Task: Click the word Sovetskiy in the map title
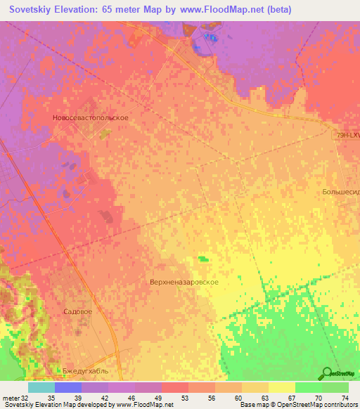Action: click(32, 9)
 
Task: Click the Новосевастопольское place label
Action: click(90, 118)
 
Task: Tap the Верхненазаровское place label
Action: click(184, 282)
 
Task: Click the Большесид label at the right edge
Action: click(340, 191)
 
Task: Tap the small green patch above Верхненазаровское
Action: click(203, 259)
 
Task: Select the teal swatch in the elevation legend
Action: click(41, 387)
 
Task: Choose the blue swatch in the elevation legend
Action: click(67, 387)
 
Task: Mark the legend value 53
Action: click(185, 398)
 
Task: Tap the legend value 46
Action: click(131, 398)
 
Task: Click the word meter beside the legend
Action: click(10, 398)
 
